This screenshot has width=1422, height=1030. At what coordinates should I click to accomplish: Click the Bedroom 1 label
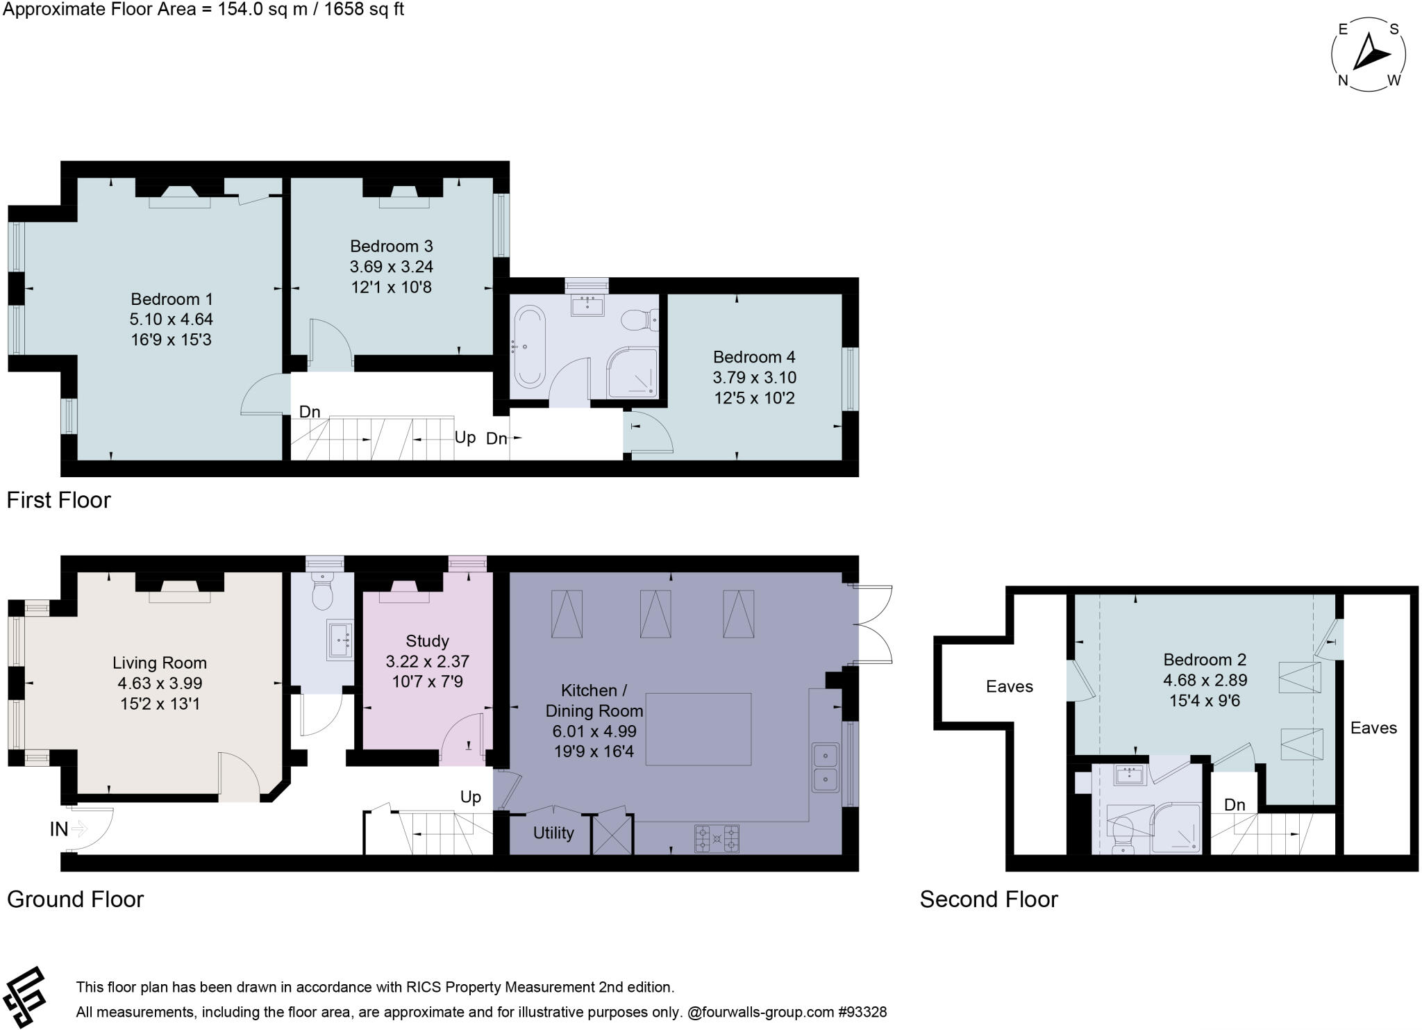click(172, 299)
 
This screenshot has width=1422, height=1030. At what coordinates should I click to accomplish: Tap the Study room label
click(427, 641)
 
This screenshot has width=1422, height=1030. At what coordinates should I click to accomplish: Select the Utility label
click(553, 833)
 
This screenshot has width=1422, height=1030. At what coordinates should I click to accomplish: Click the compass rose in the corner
click(1369, 55)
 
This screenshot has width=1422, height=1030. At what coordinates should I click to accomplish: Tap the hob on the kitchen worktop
click(717, 838)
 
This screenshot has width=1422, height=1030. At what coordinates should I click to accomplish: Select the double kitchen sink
click(826, 767)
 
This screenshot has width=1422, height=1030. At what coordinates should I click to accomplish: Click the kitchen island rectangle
click(699, 729)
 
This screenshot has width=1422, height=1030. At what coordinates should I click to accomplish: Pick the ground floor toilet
click(323, 592)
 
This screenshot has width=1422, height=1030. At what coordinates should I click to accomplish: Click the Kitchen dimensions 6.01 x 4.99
click(594, 731)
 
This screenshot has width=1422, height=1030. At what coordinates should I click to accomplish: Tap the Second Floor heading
click(989, 899)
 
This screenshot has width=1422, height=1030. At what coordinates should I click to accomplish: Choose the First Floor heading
click(59, 500)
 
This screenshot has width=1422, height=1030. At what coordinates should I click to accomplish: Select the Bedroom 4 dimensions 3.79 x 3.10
click(755, 378)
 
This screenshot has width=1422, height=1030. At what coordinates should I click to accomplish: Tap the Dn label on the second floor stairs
click(1235, 805)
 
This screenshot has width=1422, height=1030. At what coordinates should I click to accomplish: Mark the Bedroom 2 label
click(1205, 660)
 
